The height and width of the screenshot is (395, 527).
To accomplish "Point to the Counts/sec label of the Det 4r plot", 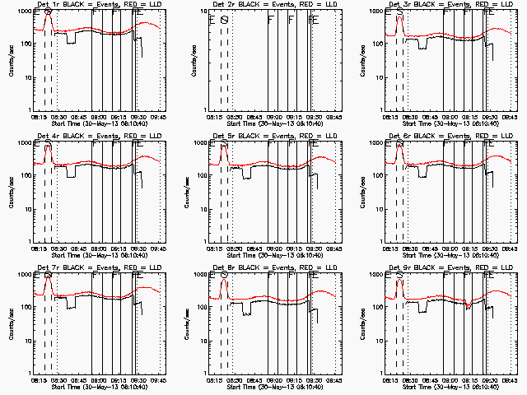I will tap(11, 191).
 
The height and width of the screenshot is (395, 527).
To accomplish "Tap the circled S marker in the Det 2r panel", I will tap(223, 19).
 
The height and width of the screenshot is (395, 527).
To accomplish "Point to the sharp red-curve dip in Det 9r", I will tap(467, 306).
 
